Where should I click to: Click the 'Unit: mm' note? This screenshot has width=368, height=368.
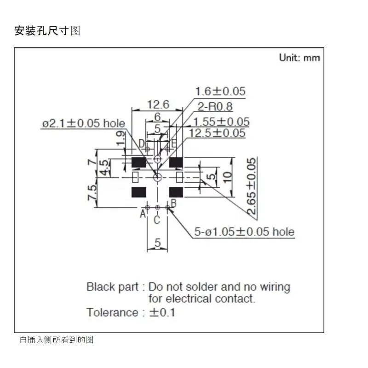pos(299,58)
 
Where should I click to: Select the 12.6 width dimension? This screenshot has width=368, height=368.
pos(158,104)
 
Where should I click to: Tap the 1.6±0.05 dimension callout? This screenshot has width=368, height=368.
pos(220,91)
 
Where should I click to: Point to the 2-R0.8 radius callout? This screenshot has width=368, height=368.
pos(215,107)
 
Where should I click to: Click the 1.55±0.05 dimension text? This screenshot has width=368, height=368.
pos(221,122)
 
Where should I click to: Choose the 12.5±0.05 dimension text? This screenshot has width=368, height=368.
pos(217,133)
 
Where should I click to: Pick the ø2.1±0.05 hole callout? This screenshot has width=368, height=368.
pos(84,123)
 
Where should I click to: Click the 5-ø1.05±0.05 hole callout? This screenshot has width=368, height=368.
pos(244,232)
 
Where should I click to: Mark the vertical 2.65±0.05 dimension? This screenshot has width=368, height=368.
pos(251,186)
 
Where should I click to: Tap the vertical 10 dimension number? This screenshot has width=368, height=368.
pos(227,177)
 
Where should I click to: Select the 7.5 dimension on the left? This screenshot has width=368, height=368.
pos(92,193)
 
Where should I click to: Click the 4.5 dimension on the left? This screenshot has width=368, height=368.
pos(105,167)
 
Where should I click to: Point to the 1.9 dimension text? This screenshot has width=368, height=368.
pos(121,138)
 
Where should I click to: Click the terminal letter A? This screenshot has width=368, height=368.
pos(143,214)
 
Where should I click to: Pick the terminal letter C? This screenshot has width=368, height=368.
pos(157,220)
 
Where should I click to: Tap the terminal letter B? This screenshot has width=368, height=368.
pos(174,203)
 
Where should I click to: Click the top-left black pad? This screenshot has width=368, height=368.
pos(139,162)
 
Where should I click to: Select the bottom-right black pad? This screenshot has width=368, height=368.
pos(176,192)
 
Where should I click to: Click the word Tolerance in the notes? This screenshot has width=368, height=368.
pos(112,312)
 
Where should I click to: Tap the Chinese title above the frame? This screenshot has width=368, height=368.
pos(47,31)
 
